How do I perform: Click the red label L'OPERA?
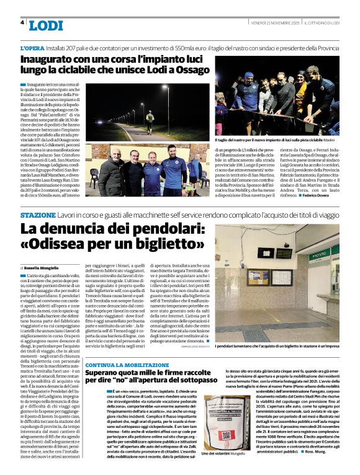click(32, 48)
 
